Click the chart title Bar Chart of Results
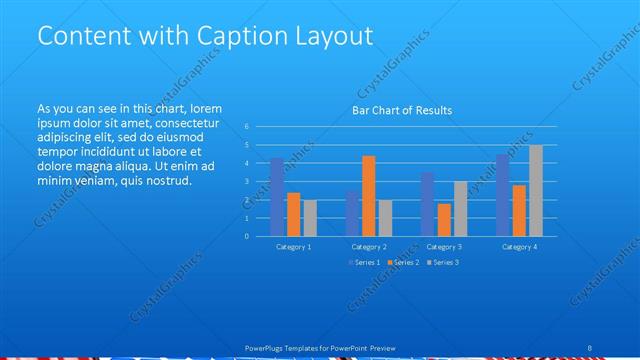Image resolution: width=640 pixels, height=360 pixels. click(x=401, y=110)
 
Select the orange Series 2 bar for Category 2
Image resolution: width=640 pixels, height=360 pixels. click(x=369, y=196)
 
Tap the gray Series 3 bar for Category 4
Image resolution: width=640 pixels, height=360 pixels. click(x=536, y=191)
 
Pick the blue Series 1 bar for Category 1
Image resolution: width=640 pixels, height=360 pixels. click(x=277, y=197)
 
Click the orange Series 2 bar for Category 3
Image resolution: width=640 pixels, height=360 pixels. click(x=444, y=220)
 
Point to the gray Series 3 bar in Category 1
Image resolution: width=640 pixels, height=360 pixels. click(x=310, y=218)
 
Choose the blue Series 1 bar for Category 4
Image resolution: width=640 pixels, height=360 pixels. click(x=503, y=195)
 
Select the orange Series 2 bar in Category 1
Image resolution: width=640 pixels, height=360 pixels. click(x=294, y=214)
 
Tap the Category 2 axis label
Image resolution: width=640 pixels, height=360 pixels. click(x=369, y=246)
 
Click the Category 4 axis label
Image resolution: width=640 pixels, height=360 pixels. click(x=520, y=246)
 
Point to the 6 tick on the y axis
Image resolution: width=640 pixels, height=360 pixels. click(x=246, y=127)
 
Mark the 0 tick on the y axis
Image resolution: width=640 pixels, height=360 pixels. click(x=246, y=237)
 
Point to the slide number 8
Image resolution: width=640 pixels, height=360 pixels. click(x=589, y=347)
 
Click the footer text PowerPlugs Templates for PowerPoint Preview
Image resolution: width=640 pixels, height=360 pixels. click(x=320, y=347)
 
